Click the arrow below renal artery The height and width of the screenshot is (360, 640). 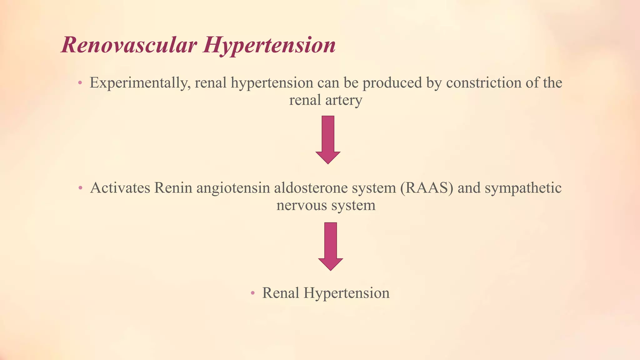click(x=328, y=139)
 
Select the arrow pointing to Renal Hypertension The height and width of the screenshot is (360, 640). click(x=330, y=246)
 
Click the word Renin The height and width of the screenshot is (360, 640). click(x=173, y=188)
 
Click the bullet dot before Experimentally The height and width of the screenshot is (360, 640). click(x=80, y=83)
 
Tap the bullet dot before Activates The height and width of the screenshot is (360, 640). click(x=80, y=188)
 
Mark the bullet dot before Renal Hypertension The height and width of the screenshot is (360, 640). click(x=253, y=293)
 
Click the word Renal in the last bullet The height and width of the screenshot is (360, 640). click(x=281, y=293)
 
